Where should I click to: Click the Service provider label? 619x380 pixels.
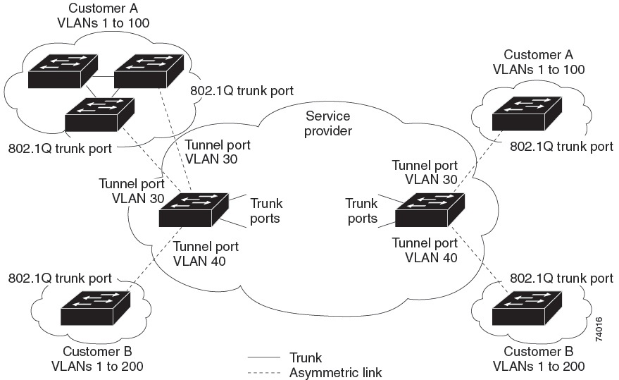click(327, 123)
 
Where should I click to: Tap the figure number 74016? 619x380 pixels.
click(599, 329)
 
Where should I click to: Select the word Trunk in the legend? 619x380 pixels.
click(305, 358)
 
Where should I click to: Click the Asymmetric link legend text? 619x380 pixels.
click(335, 372)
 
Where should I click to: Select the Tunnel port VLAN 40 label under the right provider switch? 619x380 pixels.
click(425, 250)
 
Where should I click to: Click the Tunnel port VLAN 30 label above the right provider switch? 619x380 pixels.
click(425, 173)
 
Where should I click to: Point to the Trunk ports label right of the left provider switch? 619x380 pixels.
click(265, 211)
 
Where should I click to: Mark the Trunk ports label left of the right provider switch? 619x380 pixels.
click(361, 211)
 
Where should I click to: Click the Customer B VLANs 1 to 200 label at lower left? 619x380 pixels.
click(96, 359)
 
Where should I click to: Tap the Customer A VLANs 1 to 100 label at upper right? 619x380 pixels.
click(539, 62)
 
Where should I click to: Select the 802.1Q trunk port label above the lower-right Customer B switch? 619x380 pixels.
click(561, 278)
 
